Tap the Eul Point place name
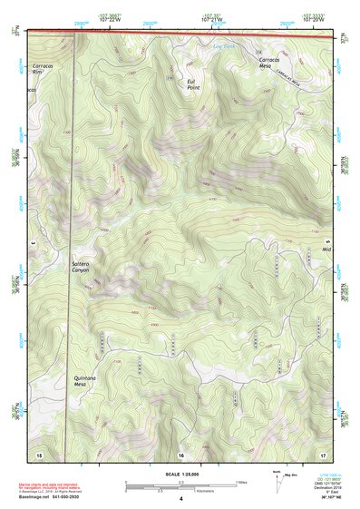(192, 84)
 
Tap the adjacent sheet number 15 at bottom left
(39, 453)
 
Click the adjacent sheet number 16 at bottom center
(181, 453)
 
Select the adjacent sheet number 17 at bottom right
(323, 453)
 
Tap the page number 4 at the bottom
(181, 499)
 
